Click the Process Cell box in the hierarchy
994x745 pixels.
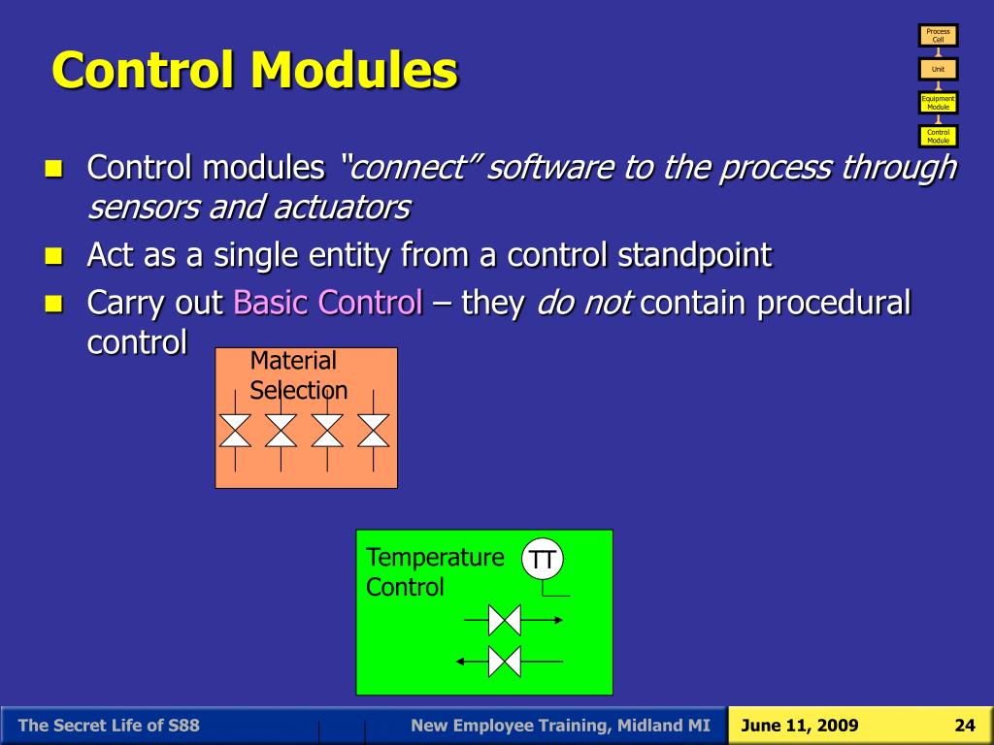(x=939, y=36)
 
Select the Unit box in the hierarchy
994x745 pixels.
(x=939, y=69)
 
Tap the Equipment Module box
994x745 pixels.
(x=939, y=103)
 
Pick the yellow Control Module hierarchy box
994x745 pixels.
(x=939, y=136)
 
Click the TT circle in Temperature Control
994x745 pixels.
(x=543, y=560)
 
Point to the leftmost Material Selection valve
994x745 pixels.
(x=235, y=431)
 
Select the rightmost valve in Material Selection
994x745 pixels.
(x=374, y=431)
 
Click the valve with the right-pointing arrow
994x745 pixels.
(x=505, y=620)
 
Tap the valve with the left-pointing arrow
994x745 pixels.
(x=505, y=662)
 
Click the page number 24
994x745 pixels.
(x=965, y=726)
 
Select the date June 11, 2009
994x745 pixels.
(x=800, y=726)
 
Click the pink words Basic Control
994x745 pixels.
(x=328, y=303)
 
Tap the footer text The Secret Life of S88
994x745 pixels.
(x=109, y=726)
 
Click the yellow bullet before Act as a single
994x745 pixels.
(x=54, y=256)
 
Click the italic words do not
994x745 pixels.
(x=583, y=303)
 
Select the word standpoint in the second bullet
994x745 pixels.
(x=694, y=255)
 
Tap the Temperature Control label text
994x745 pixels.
(x=435, y=572)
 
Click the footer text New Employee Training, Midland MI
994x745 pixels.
(x=560, y=726)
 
